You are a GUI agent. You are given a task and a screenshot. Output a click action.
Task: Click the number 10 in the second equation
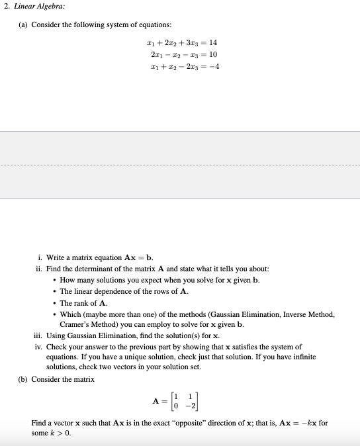click(x=212, y=54)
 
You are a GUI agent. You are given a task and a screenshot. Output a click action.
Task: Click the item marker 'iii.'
click(x=38, y=336)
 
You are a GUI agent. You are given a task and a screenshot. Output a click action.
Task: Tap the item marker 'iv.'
click(x=39, y=347)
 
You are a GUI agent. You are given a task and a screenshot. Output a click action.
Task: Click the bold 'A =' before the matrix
click(x=159, y=401)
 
